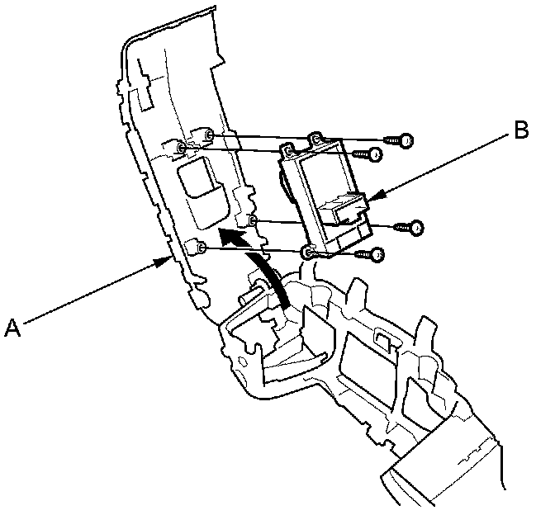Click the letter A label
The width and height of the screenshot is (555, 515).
12,328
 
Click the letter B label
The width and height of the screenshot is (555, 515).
520,130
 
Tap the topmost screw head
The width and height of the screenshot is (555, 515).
406,142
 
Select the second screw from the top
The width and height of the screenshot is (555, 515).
373,154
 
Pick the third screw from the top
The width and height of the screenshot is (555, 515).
415,226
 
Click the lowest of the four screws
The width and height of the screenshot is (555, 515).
377,254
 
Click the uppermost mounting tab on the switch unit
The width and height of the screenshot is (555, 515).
315,137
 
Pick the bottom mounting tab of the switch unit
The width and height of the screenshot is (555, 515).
308,251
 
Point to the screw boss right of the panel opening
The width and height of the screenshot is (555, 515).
253,220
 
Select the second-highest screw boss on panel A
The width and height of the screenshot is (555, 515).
181,147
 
